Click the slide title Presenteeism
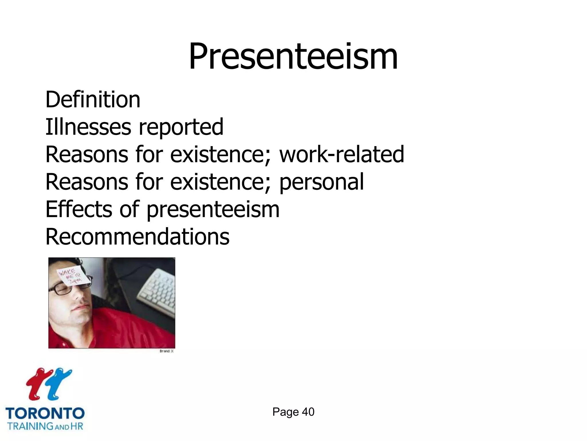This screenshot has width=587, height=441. [x=293, y=56]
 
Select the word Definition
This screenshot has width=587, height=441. [x=93, y=99]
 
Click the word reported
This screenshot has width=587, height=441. [x=181, y=127]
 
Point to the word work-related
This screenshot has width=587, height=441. [x=342, y=154]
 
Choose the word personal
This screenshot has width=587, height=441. [x=321, y=182]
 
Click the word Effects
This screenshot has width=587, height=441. [x=79, y=209]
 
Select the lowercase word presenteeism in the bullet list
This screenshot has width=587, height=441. [x=213, y=210]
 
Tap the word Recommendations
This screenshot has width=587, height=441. [x=138, y=237]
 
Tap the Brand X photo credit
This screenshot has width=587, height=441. [x=167, y=351]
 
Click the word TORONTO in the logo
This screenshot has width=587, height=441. [x=45, y=414]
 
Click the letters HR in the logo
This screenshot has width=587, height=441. [x=77, y=426]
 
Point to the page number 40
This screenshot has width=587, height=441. [x=308, y=412]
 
